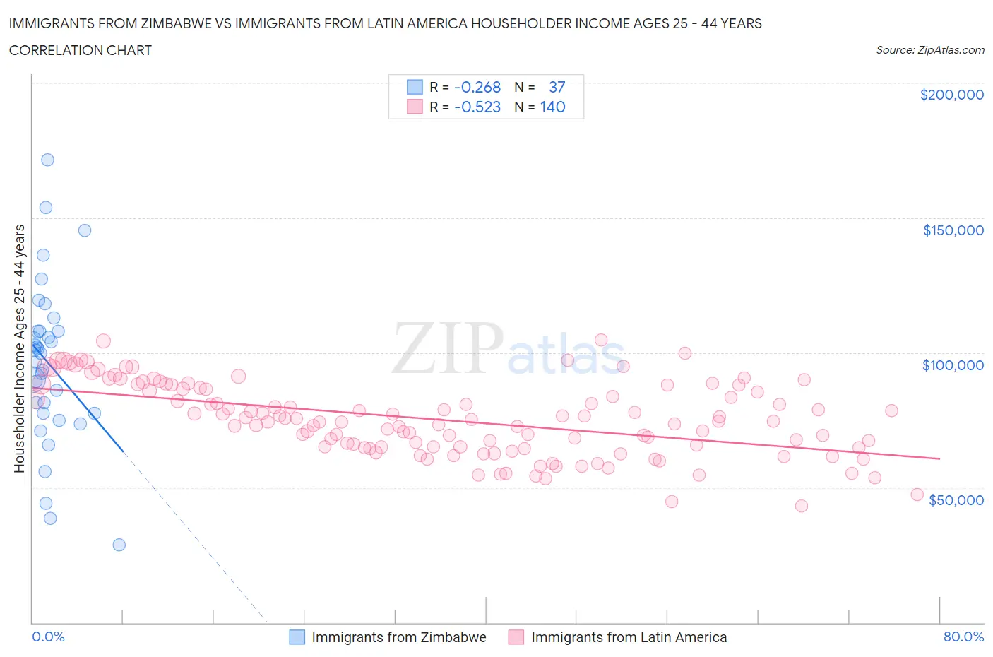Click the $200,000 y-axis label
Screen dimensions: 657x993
click(951, 95)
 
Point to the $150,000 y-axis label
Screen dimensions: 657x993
click(953, 230)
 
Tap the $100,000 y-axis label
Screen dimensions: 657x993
click(953, 365)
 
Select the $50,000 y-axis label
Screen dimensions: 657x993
click(956, 500)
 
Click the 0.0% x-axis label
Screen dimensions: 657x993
click(48, 637)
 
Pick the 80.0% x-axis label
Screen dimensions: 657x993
click(963, 637)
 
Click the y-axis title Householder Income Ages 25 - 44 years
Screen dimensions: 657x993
click(19, 348)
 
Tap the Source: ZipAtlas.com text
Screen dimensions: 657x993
click(929, 50)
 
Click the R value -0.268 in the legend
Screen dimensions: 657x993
click(477, 87)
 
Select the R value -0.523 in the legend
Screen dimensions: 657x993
click(477, 107)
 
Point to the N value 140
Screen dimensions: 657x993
click(552, 107)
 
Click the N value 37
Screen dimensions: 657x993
click(557, 87)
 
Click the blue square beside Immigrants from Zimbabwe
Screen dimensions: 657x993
click(297, 637)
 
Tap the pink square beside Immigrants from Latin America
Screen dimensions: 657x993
click(516, 637)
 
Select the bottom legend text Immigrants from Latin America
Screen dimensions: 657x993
click(629, 637)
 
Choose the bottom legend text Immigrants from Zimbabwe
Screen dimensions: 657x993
click(398, 637)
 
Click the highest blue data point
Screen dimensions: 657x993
click(47, 160)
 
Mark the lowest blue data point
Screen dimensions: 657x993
click(119, 545)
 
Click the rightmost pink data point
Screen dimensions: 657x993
click(917, 495)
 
